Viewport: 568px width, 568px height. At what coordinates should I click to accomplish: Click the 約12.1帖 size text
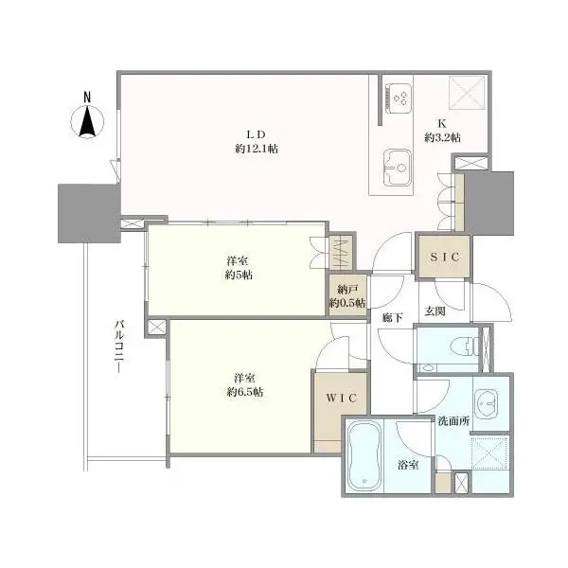click(x=256, y=150)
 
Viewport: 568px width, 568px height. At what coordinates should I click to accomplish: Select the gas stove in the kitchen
click(x=399, y=98)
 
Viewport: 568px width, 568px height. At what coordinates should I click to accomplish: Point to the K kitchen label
click(x=441, y=123)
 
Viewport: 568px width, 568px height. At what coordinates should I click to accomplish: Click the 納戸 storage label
click(x=347, y=290)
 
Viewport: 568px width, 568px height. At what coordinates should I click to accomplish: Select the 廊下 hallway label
click(x=392, y=317)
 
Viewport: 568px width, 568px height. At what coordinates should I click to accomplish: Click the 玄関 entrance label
click(x=435, y=311)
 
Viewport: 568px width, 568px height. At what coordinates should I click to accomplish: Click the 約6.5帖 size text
click(x=244, y=391)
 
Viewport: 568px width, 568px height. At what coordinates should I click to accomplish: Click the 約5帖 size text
click(x=239, y=275)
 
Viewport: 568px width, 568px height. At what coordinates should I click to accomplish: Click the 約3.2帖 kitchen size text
click(x=441, y=138)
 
